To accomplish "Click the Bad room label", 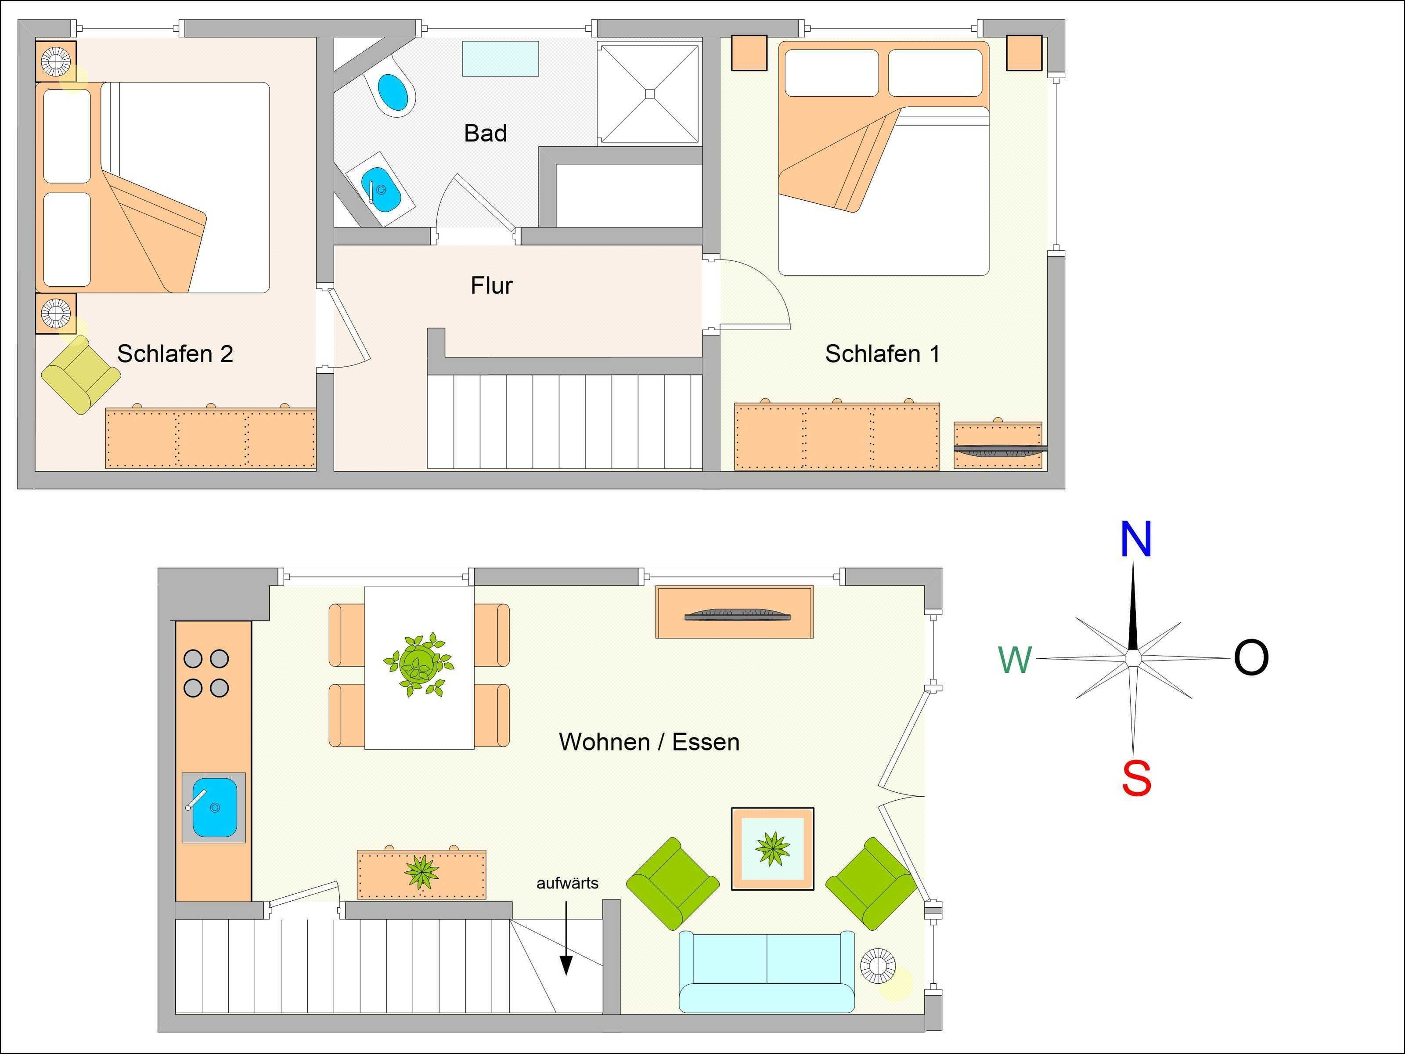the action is (x=485, y=134).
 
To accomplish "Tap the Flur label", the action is (x=492, y=286).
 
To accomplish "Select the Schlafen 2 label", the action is (x=175, y=354).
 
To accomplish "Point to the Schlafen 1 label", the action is (x=882, y=354).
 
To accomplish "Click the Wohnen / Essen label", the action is (x=649, y=742).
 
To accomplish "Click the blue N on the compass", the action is (x=1136, y=539).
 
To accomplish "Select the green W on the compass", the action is (x=1015, y=660).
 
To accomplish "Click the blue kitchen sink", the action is (x=214, y=808).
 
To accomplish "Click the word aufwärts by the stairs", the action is (x=567, y=883).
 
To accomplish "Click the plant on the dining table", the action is (x=418, y=664).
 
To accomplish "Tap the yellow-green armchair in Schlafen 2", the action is (x=81, y=375).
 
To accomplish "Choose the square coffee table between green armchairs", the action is (x=772, y=849).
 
